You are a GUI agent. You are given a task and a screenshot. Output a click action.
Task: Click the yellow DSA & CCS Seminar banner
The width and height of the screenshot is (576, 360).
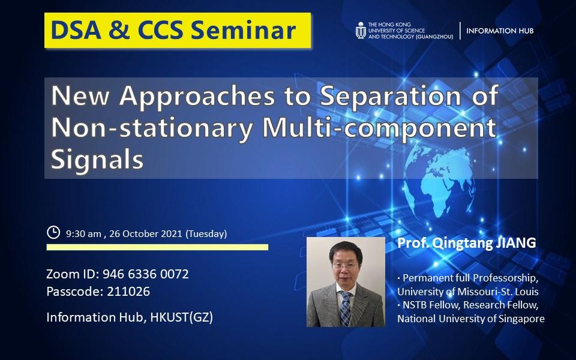(178, 30)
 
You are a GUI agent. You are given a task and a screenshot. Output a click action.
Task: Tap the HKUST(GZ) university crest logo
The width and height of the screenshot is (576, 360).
(361, 30)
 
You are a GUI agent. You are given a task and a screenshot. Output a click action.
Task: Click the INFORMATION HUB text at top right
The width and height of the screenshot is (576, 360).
(499, 31)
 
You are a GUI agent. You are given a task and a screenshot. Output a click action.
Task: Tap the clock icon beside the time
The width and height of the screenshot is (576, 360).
(53, 232)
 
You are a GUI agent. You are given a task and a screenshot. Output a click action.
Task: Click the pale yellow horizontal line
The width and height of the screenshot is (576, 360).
(157, 247)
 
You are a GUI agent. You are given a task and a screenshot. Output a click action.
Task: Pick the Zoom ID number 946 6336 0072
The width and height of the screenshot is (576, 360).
(146, 274)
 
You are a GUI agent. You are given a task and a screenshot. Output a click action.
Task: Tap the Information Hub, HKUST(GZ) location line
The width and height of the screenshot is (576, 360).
(130, 317)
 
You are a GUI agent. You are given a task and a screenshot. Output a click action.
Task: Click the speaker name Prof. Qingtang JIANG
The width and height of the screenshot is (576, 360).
(466, 244)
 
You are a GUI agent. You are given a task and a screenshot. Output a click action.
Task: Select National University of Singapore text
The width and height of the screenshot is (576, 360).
(470, 319)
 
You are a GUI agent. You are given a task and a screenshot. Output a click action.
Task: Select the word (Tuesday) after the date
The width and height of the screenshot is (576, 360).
(206, 233)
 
